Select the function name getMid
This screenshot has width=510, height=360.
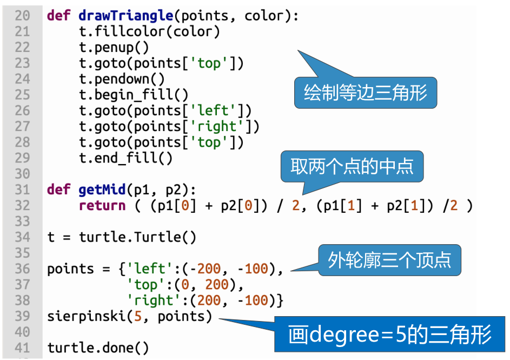pyautogui.click(x=102, y=189)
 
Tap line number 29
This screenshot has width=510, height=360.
pyautogui.click(x=22, y=158)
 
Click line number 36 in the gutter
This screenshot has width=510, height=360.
pyautogui.click(x=22, y=269)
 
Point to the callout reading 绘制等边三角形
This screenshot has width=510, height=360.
pyautogui.click(x=365, y=93)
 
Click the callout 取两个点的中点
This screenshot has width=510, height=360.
pyautogui.click(x=352, y=166)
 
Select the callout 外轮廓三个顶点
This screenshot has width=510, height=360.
pyautogui.click(x=389, y=261)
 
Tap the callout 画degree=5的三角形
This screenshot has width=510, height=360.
pyautogui.click(x=389, y=335)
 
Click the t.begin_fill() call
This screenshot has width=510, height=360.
pyautogui.click(x=134, y=95)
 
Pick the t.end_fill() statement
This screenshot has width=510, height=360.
pyautogui.click(x=125, y=158)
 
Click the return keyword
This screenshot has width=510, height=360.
pyautogui.click(x=102, y=206)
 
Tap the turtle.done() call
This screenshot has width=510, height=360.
pyautogui.click(x=98, y=347)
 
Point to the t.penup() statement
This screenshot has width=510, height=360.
pyautogui.click(x=114, y=48)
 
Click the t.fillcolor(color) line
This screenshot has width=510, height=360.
pyautogui.click(x=149, y=31)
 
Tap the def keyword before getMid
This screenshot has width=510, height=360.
pyautogui.click(x=58, y=189)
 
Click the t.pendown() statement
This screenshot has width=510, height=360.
pyautogui.click(x=122, y=79)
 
